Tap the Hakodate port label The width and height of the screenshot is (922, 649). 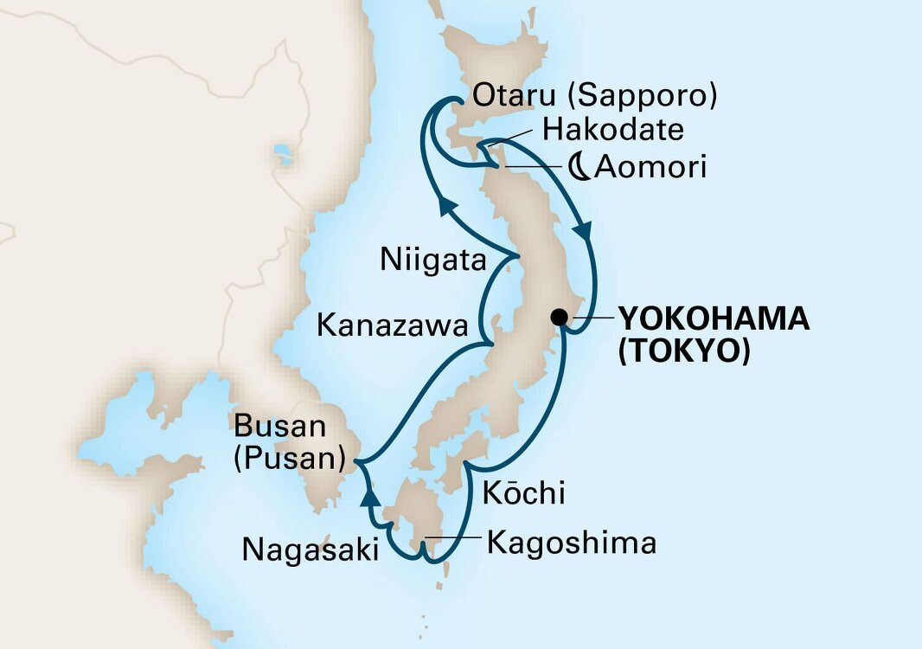point(612,131)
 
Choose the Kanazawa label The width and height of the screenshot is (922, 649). point(394,325)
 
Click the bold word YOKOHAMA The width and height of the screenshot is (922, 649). point(713,319)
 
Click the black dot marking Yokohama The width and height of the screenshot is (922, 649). point(560,317)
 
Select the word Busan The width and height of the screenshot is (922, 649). point(282,427)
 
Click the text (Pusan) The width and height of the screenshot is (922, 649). point(288,458)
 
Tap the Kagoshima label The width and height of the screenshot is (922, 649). point(572,543)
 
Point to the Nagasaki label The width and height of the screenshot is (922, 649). point(311,549)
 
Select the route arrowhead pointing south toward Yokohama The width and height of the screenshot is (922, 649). point(586,232)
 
